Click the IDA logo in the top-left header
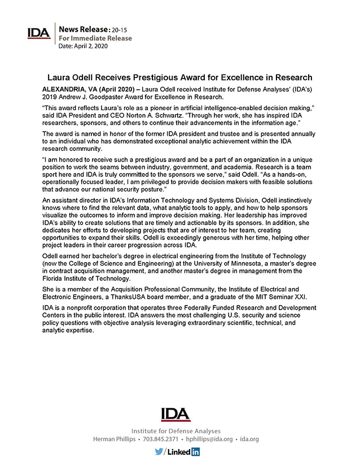click(39, 33)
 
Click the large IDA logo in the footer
click(175, 414)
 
